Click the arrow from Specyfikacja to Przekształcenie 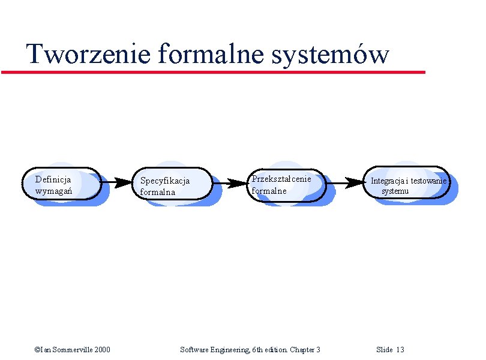pos(229,182)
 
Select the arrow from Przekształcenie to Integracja pos(344,182)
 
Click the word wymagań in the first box pos(53,191)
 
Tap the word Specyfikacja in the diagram pos(165,181)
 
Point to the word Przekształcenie pos(281,179)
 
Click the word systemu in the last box pos(395,191)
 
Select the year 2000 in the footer pos(101,350)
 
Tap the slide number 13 pos(400,350)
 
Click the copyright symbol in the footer pos(37,350)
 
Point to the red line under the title pos(213,72)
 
